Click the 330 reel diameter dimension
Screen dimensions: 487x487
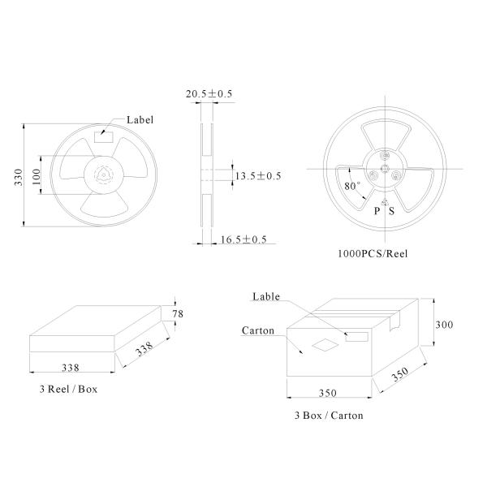click(19, 177)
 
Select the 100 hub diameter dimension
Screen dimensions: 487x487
click(37, 176)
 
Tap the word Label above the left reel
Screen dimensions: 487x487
click(140, 120)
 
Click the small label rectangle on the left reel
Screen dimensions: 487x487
click(104, 137)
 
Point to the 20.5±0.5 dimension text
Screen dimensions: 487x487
click(209, 94)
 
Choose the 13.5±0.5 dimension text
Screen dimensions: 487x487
click(258, 176)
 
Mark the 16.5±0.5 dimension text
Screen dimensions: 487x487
click(243, 239)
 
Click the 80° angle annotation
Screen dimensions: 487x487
click(352, 186)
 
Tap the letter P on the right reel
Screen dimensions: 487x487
click(377, 211)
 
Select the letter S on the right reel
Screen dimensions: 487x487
click(391, 211)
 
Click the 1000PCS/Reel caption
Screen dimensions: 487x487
click(373, 254)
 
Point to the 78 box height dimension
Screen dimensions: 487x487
click(178, 314)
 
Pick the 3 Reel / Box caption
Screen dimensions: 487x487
click(68, 389)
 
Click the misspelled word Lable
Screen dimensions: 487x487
click(266, 296)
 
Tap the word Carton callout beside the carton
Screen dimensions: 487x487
click(258, 330)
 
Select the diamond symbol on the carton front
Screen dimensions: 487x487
click(325, 345)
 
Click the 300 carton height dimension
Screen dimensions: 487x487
click(444, 325)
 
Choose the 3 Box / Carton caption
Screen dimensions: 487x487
click(329, 416)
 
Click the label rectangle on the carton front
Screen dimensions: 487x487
click(356, 337)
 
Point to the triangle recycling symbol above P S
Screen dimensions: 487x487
click(385, 202)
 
